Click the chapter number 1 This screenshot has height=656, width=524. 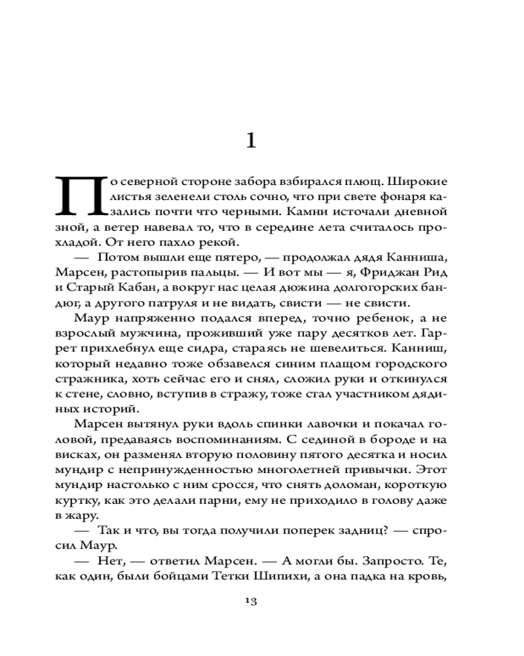tap(250, 140)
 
